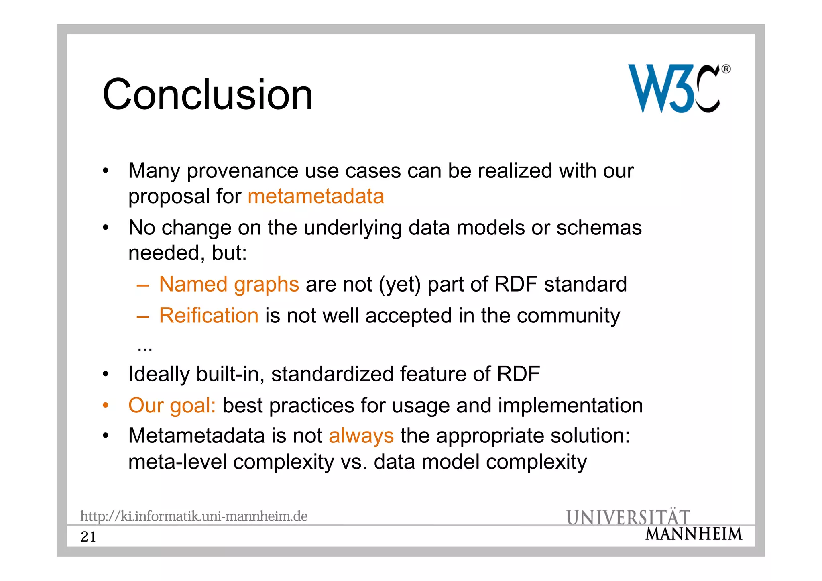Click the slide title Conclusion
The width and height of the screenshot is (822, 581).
click(208, 94)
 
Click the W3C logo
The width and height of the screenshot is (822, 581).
click(674, 89)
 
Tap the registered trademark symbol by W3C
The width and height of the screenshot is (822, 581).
click(726, 69)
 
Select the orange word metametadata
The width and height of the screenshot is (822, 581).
click(316, 196)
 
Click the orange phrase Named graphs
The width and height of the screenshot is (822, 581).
click(229, 284)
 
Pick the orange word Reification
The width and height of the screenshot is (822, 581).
click(209, 315)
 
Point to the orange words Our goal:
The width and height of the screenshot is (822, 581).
click(172, 405)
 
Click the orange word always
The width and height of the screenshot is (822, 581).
click(361, 436)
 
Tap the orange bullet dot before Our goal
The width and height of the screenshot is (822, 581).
click(105, 405)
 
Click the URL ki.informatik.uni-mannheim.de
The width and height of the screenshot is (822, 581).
click(194, 516)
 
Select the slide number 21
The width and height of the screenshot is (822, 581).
click(88, 537)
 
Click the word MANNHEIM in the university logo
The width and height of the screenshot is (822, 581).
click(694, 534)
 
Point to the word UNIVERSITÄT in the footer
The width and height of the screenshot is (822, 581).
click(628, 518)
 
